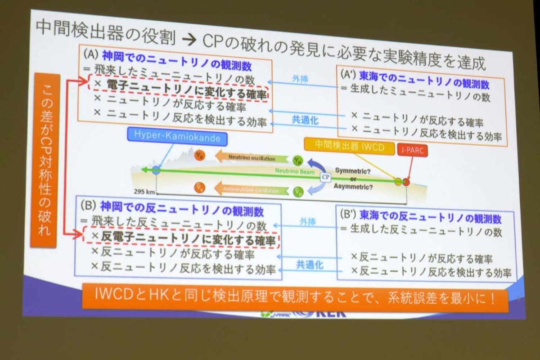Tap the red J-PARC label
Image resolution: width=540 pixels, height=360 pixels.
point(412,150)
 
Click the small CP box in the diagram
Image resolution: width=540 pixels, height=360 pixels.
point(325,177)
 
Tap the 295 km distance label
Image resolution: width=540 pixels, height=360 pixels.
point(144,191)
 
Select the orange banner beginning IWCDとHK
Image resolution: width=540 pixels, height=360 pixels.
point(295,297)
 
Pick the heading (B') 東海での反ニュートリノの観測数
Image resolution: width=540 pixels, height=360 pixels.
point(421,219)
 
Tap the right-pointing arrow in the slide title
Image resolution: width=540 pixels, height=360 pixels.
point(189,40)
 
